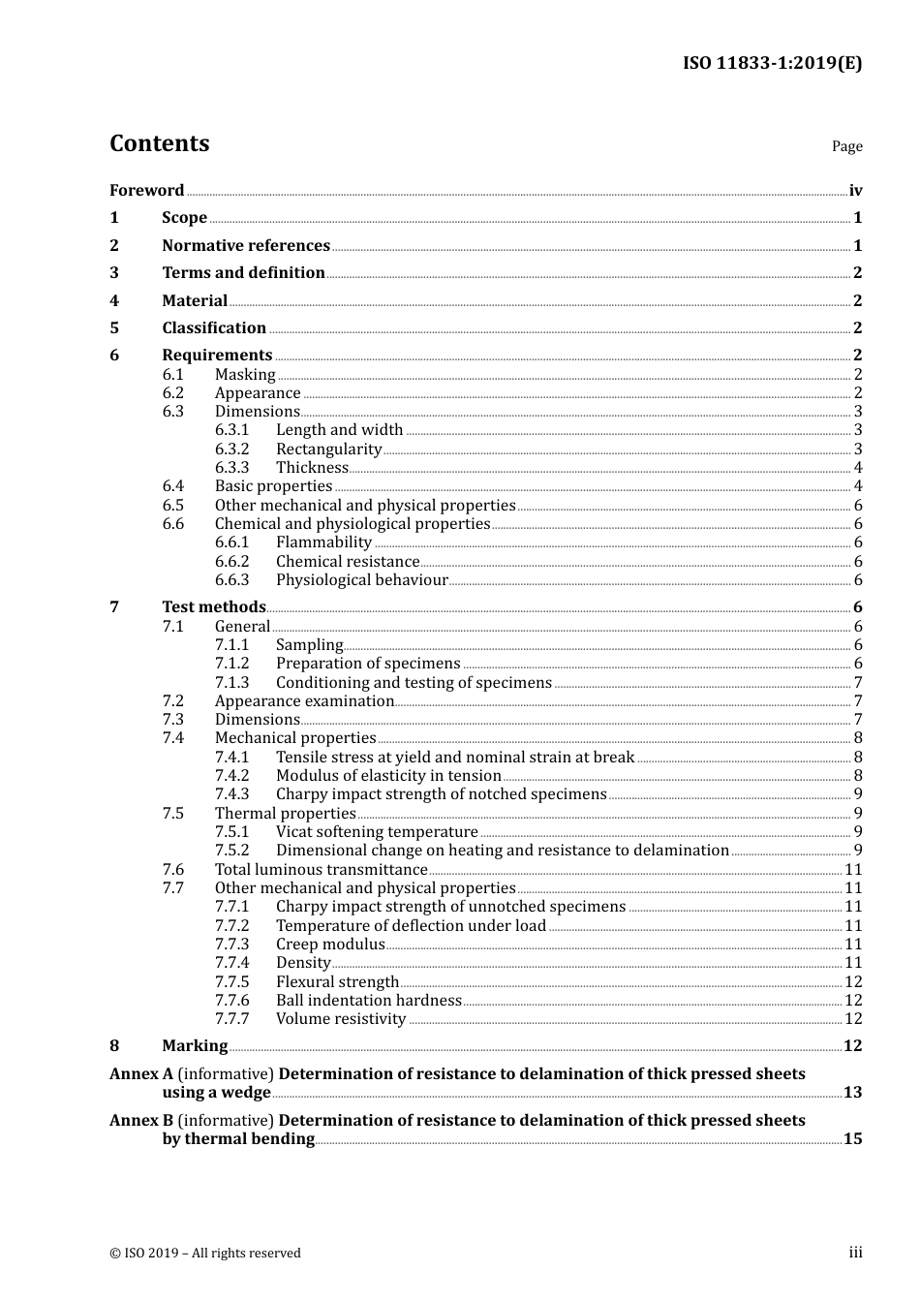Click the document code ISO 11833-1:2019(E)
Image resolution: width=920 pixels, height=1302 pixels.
772,64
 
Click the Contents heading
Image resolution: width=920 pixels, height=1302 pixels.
159,143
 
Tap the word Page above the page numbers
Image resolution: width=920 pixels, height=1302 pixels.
846,146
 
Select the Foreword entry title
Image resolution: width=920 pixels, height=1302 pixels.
146,191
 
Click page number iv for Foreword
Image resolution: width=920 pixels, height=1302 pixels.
855,191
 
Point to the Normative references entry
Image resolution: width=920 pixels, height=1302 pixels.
246,246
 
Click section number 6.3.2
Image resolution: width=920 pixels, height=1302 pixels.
231,449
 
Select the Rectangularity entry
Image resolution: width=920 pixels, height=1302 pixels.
328,449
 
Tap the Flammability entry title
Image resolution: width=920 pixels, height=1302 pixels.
323,542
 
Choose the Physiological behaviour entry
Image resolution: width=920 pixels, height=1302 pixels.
361,580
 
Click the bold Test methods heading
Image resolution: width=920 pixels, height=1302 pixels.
213,607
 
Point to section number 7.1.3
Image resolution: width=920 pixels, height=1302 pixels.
231,683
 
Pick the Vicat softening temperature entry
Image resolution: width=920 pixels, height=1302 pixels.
377,832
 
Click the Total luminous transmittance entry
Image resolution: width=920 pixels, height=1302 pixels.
321,870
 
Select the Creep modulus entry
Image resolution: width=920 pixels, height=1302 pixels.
330,945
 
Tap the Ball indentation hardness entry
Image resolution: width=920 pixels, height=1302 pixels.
368,1001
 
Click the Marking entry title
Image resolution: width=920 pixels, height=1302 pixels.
195,1046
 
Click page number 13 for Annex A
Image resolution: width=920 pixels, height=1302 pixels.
852,1093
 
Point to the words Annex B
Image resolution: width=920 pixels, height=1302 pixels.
141,1121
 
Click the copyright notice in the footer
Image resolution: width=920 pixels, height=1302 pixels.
205,1254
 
